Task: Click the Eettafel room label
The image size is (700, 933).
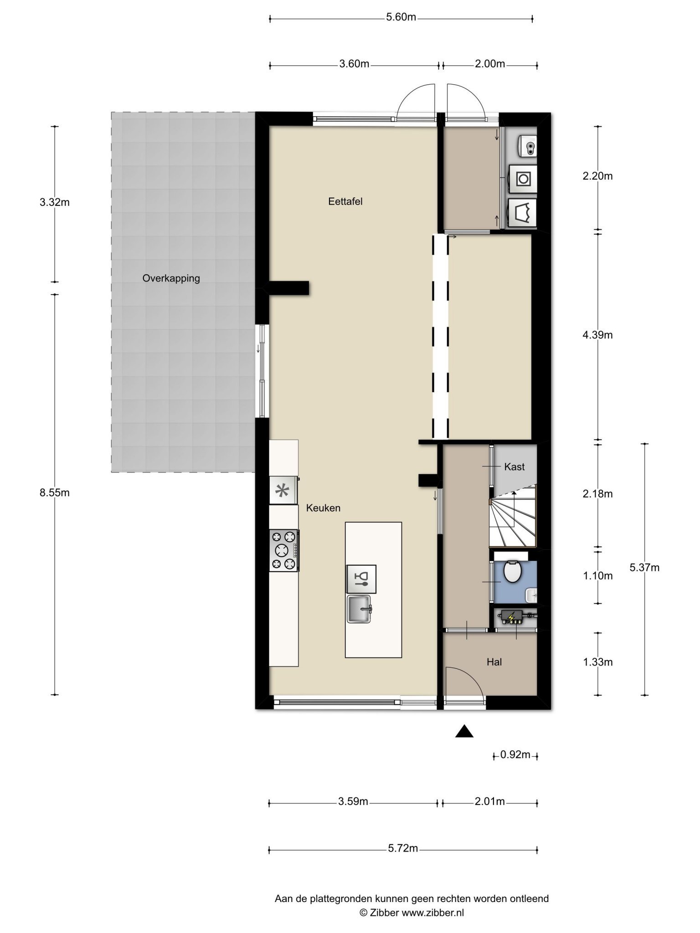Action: tap(345, 201)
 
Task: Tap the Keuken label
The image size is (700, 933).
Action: tap(323, 508)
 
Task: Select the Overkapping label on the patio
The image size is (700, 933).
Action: tap(171, 278)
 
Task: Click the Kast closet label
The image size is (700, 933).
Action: tap(514, 467)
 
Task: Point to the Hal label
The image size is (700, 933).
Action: tap(494, 662)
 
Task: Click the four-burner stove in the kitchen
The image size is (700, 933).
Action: tap(283, 550)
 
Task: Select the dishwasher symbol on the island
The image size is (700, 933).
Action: tap(361, 579)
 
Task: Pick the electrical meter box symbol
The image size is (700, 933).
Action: tap(514, 618)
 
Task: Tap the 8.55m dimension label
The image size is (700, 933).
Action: tap(55, 492)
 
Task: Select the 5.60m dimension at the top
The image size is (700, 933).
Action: tap(401, 17)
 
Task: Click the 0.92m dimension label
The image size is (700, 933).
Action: tap(515, 755)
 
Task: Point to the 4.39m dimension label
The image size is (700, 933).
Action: tap(598, 335)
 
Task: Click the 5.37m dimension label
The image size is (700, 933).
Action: tap(644, 568)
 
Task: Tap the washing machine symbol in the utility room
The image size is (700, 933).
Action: tap(523, 179)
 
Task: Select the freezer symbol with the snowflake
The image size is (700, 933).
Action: tap(283, 491)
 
